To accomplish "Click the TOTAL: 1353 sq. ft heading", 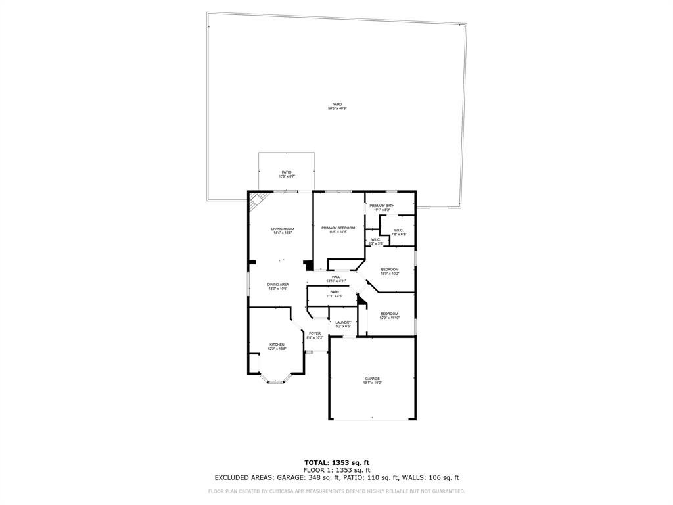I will (336, 463).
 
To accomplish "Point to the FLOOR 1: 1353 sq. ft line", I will (336, 470).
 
